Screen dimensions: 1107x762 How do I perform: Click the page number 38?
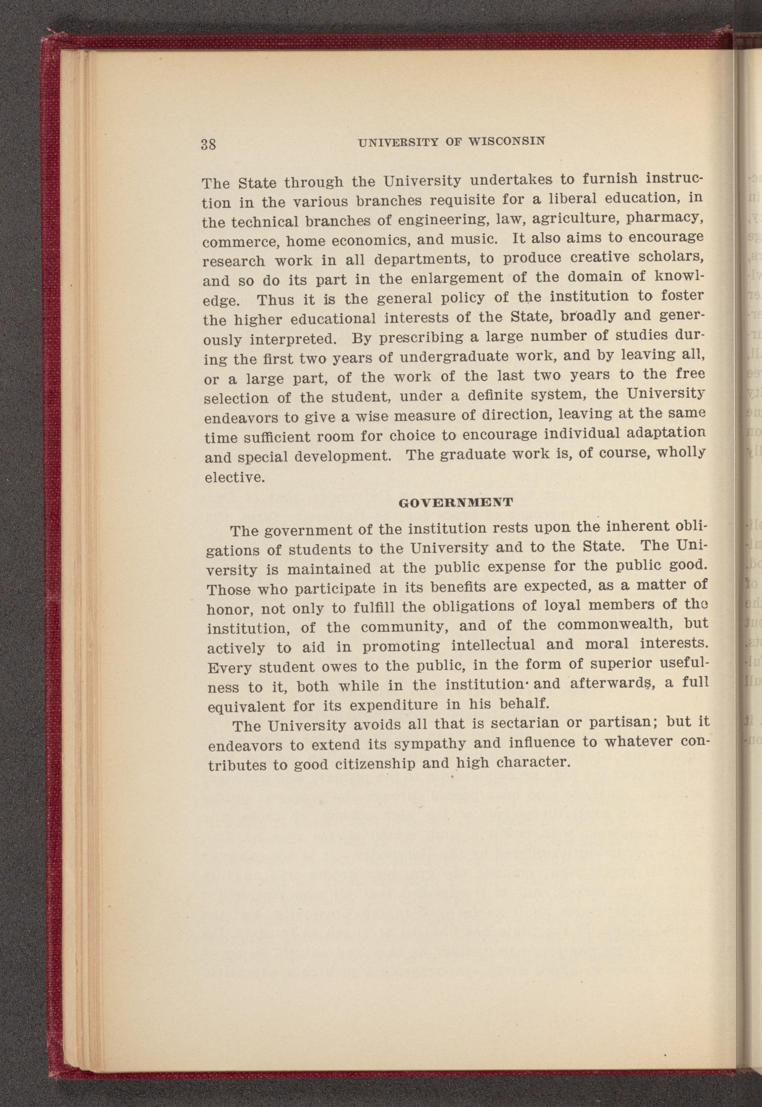[x=209, y=144]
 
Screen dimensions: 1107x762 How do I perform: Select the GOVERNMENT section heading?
[x=455, y=502]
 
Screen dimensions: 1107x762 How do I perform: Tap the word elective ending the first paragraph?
[x=234, y=477]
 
